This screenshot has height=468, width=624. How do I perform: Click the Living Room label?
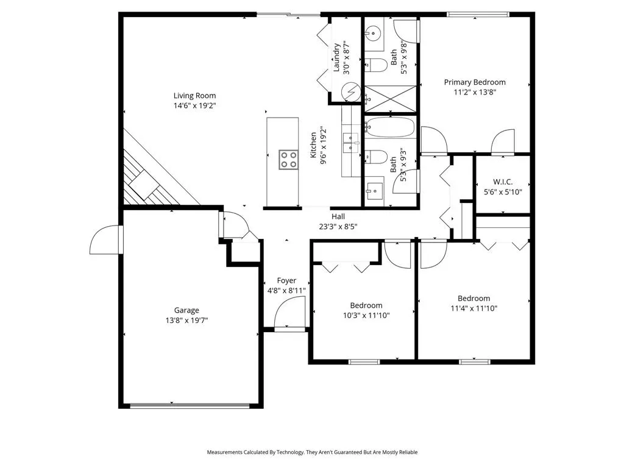pyautogui.click(x=194, y=95)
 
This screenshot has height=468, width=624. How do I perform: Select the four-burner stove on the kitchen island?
pyautogui.click(x=288, y=160)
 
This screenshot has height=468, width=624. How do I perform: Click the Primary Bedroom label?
pyautogui.click(x=474, y=82)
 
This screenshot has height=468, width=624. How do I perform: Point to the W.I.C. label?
pyautogui.click(x=503, y=181)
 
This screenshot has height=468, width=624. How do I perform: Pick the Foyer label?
pyautogui.click(x=286, y=281)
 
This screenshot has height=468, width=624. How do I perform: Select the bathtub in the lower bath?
pyautogui.click(x=391, y=129)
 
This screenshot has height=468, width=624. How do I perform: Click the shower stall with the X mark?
pyautogui.click(x=391, y=97)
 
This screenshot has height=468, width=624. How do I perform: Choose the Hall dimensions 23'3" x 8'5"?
pyautogui.click(x=338, y=227)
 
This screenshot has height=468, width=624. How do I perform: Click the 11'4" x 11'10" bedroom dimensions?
pyautogui.click(x=473, y=308)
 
